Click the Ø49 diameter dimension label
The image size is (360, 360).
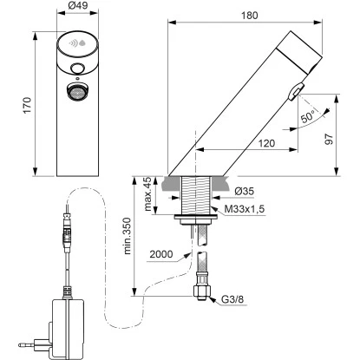click(78, 6)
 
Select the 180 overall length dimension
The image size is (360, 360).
click(250, 16)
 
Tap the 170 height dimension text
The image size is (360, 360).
click(27, 105)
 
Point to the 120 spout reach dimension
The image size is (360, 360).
click(266, 143)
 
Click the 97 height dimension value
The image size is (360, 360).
click(330, 139)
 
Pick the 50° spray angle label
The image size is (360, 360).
click(307, 116)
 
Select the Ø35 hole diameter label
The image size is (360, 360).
click(244, 191)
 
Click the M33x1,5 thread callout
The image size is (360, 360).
click(245, 209)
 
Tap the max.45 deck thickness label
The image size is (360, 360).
click(147, 194)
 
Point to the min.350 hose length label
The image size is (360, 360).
click(127, 236)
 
